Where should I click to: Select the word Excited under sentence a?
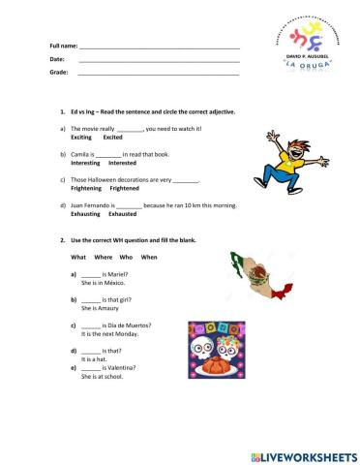pos(113,138)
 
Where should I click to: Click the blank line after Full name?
pos(159,46)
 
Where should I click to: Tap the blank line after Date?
pos(159,60)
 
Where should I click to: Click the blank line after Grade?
pos(159,74)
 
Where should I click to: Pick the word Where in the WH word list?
pos(104,257)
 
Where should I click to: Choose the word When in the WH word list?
pos(149,257)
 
